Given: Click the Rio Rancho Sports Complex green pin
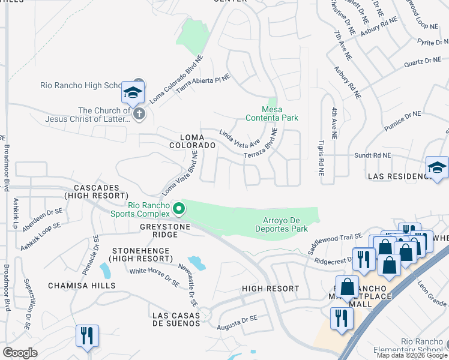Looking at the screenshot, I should point(178,209).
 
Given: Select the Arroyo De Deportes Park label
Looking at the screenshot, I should point(285,224).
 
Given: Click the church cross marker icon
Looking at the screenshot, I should point(139,113).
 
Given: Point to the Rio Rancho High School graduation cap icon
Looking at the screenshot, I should point(132,92).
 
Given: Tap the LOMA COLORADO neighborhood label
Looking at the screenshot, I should point(192,141).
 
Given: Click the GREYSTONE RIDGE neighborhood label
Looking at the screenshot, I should point(165,227).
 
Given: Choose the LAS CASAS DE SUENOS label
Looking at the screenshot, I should point(176,319).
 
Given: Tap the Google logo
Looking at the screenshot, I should point(20,353).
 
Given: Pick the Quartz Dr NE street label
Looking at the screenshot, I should point(406,61).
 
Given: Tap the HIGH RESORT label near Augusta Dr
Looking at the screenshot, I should point(270,289).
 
